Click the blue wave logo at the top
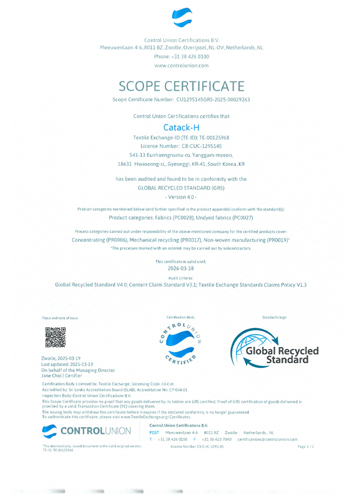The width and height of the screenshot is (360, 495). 181,18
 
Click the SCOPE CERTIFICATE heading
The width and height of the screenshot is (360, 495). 181,86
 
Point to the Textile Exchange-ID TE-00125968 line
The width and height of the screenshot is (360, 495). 181,136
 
